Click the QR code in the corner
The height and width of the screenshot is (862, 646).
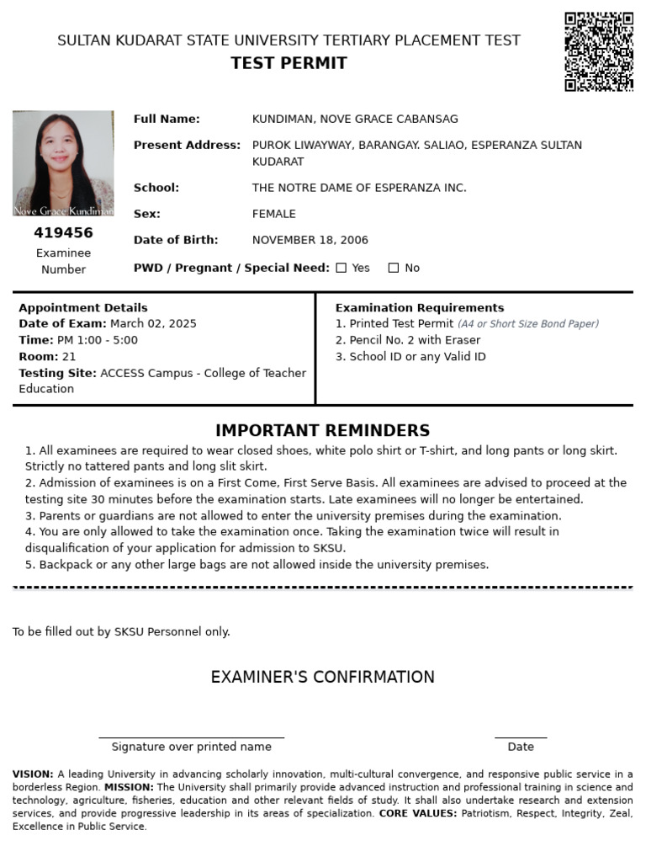click(599, 51)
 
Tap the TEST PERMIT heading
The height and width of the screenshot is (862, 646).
click(289, 64)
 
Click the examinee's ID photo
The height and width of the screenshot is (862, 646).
click(63, 163)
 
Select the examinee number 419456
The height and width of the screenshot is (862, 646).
click(63, 233)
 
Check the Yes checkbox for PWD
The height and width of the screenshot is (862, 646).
click(342, 269)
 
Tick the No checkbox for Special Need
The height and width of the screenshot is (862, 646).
click(394, 269)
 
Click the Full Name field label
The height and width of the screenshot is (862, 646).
click(167, 120)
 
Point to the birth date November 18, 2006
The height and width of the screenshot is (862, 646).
click(310, 241)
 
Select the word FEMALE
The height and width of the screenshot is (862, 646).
click(273, 215)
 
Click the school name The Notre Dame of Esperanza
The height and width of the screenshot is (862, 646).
click(358, 188)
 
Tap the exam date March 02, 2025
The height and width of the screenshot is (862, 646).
click(153, 324)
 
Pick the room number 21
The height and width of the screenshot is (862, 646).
click(69, 357)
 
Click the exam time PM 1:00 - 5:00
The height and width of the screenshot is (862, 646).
click(97, 340)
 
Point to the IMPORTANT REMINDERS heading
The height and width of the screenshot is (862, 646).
click(322, 431)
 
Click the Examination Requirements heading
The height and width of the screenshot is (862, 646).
click(419, 308)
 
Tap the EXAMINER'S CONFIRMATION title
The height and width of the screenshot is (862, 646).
click(322, 678)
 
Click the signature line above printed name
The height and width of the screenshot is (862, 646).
click(191, 737)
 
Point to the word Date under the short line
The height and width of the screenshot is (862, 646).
click(520, 747)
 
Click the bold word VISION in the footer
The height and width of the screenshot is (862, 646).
click(32, 774)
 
